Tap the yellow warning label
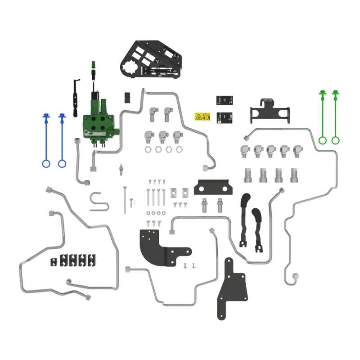[x=202, y=117]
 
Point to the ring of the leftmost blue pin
[x=46, y=163]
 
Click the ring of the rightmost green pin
[x=335, y=140]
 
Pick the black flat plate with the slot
[x=214, y=186]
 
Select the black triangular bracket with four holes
[x=233, y=288]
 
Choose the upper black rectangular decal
[x=224, y=100]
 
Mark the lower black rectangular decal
[x=224, y=117]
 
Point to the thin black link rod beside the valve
[x=76, y=96]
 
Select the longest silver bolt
[x=124, y=200]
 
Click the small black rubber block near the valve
[x=127, y=97]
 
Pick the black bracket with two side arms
[x=269, y=112]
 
